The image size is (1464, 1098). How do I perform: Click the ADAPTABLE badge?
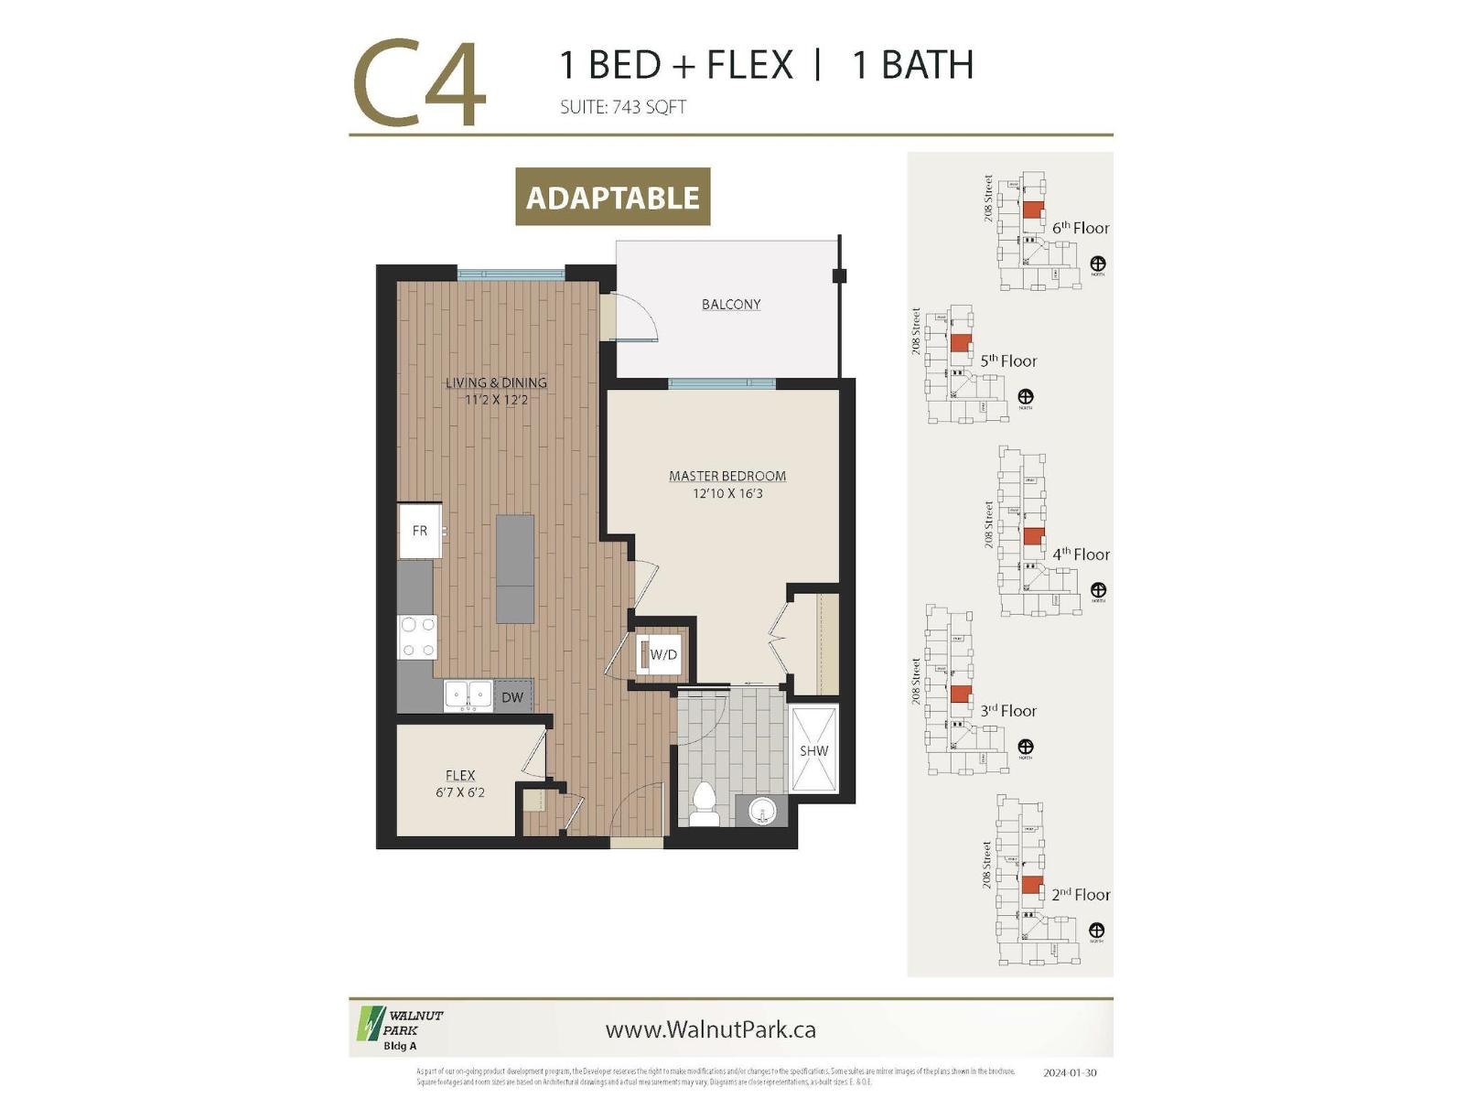(x=613, y=197)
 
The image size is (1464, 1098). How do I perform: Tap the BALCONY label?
(x=731, y=305)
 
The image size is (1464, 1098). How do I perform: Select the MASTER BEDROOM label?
(x=727, y=476)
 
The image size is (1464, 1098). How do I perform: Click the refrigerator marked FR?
(x=420, y=531)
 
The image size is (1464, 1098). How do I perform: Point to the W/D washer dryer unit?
(x=660, y=654)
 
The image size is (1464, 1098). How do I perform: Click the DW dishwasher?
(x=512, y=697)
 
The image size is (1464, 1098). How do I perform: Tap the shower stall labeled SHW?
(x=813, y=750)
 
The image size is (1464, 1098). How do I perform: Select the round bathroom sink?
(x=761, y=810)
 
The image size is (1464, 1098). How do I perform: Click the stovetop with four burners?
(x=417, y=637)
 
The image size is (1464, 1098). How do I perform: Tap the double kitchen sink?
(x=468, y=695)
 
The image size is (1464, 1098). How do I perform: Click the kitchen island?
(x=515, y=568)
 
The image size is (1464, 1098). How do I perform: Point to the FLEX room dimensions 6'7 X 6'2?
(x=460, y=792)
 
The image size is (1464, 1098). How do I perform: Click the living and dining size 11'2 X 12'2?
(x=496, y=400)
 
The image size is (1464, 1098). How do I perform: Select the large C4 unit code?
(x=419, y=84)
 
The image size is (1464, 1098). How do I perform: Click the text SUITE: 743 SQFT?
(x=623, y=107)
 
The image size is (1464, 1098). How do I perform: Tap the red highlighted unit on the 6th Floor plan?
(x=1032, y=210)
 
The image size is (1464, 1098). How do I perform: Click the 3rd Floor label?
(x=1008, y=711)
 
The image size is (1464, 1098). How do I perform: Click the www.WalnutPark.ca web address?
(x=710, y=1029)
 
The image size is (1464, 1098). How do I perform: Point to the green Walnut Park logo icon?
(x=370, y=1024)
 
